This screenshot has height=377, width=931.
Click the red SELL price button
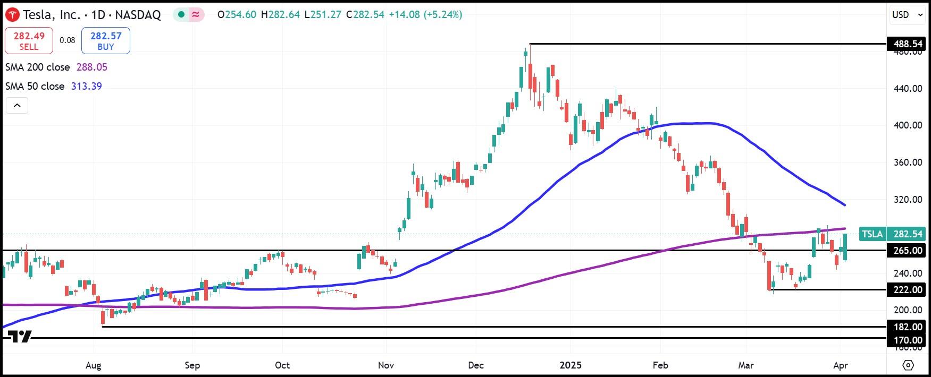pyautogui.click(x=29, y=40)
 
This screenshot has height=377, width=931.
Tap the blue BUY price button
pyautogui.click(x=105, y=40)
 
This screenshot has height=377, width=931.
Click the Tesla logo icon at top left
pyautogui.click(x=12, y=15)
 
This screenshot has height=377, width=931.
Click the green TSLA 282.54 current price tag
pyautogui.click(x=892, y=234)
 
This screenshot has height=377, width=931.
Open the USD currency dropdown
pyautogui.click(x=907, y=15)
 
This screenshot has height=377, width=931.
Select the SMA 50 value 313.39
pyautogui.click(x=86, y=86)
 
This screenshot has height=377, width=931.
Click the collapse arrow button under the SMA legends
pyautogui.click(x=17, y=105)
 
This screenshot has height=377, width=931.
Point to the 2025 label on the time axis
pyautogui.click(x=571, y=365)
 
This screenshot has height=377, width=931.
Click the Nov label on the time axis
pyautogui.click(x=386, y=365)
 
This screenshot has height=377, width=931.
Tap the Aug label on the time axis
pyautogui.click(x=94, y=365)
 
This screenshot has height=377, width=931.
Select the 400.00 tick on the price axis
pyautogui.click(x=908, y=125)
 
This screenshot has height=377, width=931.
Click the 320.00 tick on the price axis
pyautogui.click(x=908, y=200)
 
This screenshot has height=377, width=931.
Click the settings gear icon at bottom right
pyautogui.click(x=908, y=365)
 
